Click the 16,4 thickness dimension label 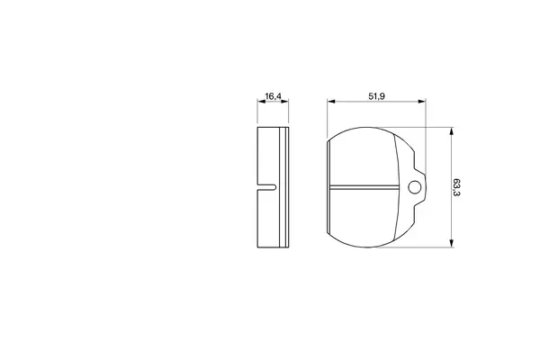[x=272, y=96]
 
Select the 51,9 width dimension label [x=376, y=96]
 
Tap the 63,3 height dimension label [x=456, y=187]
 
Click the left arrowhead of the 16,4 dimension [x=261, y=102]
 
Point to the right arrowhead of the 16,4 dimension [x=284, y=102]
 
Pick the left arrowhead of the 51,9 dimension [x=331, y=102]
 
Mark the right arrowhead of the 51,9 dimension [x=422, y=102]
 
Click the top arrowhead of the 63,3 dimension [x=451, y=131]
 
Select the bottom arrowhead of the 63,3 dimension [x=451, y=243]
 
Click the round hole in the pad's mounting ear [x=414, y=187]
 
